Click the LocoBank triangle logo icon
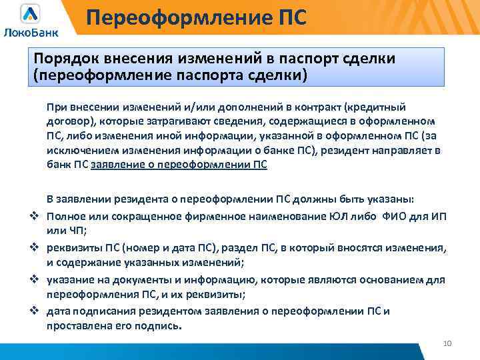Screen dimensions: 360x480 tap(30, 13)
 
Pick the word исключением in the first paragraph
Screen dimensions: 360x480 tap(79, 151)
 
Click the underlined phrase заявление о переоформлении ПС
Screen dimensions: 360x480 tap(179, 165)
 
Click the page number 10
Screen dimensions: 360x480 tap(447, 343)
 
